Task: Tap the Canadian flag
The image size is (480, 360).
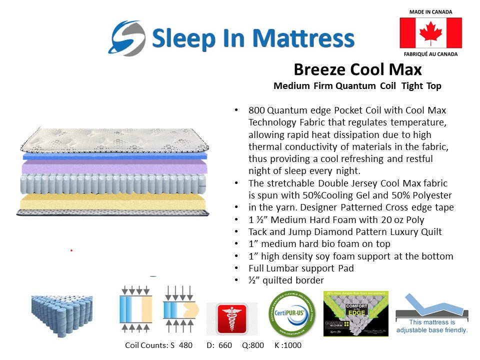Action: [430, 33]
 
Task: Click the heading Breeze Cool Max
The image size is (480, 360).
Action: [357, 69]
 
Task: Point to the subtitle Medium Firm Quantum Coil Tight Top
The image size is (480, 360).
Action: [357, 86]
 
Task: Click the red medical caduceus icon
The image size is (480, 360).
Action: [231, 318]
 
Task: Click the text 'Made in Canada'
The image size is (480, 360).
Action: [430, 11]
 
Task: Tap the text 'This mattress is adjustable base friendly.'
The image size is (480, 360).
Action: [431, 326]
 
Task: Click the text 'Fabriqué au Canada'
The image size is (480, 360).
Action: [430, 53]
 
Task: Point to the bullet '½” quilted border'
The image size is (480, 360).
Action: [286, 280]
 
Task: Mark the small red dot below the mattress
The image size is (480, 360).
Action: [71, 249]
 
